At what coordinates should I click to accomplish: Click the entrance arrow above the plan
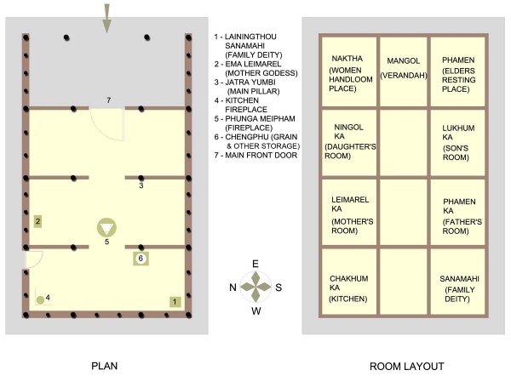tap(106, 19)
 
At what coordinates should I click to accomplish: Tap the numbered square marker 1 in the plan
tap(175, 302)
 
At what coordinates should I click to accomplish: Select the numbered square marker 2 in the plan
tap(37, 221)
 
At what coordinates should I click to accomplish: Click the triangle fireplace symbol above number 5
tap(106, 227)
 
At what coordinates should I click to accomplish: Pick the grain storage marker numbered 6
tap(141, 259)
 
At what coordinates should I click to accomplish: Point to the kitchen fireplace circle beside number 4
tap(40, 299)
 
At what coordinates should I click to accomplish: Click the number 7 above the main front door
tap(109, 100)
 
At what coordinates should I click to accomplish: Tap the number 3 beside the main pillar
tap(141, 185)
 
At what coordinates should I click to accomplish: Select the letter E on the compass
tap(255, 264)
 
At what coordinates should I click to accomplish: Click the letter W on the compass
tap(256, 311)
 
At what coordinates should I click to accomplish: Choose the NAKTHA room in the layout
tap(349, 71)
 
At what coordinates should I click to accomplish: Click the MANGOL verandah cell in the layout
tap(404, 71)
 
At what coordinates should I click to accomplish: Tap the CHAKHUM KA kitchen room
tap(349, 282)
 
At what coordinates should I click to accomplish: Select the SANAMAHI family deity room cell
tap(458, 282)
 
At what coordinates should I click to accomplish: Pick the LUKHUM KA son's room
tap(458, 143)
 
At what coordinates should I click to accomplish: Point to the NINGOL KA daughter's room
tap(349, 143)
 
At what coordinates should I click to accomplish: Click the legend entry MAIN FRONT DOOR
tap(255, 156)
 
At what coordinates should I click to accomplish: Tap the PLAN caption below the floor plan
tap(104, 366)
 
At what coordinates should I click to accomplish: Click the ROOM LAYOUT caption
tap(407, 367)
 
